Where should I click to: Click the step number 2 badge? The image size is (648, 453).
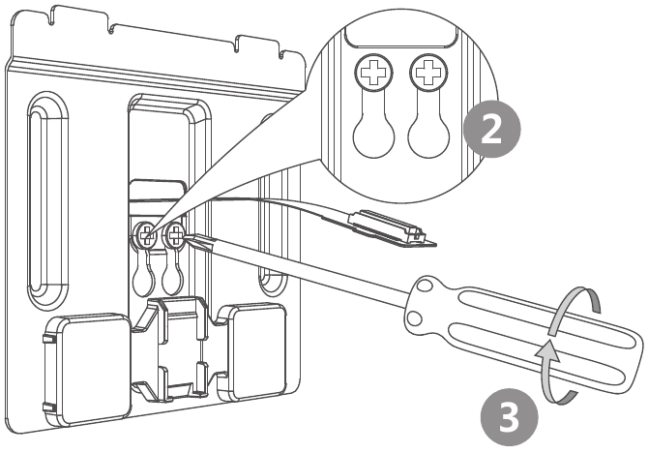coord(491,130)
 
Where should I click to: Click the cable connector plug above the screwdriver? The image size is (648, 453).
coord(386,225)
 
